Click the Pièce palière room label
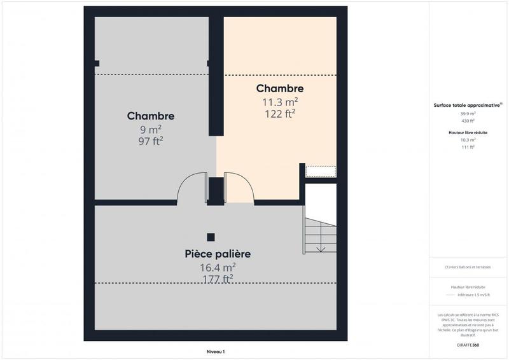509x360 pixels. [x=218, y=254]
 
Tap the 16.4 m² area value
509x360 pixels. [x=218, y=267]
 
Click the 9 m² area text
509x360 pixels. [x=151, y=129]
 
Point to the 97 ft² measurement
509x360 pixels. [x=151, y=141]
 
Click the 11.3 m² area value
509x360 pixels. [x=280, y=101]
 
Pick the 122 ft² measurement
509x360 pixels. [x=280, y=114]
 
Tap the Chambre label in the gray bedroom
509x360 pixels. [x=151, y=116]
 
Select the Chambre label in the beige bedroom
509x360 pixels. [x=280, y=88]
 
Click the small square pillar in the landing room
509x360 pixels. [x=211, y=237]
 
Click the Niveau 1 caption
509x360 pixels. [x=216, y=351]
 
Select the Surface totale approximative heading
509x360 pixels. [x=468, y=105]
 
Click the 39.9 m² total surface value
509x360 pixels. [x=468, y=114]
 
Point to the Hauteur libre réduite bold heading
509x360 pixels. [x=468, y=132]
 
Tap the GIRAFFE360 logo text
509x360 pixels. [x=468, y=345]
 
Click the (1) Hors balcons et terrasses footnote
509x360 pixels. [x=468, y=267]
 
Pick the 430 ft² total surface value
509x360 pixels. [x=468, y=121]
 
